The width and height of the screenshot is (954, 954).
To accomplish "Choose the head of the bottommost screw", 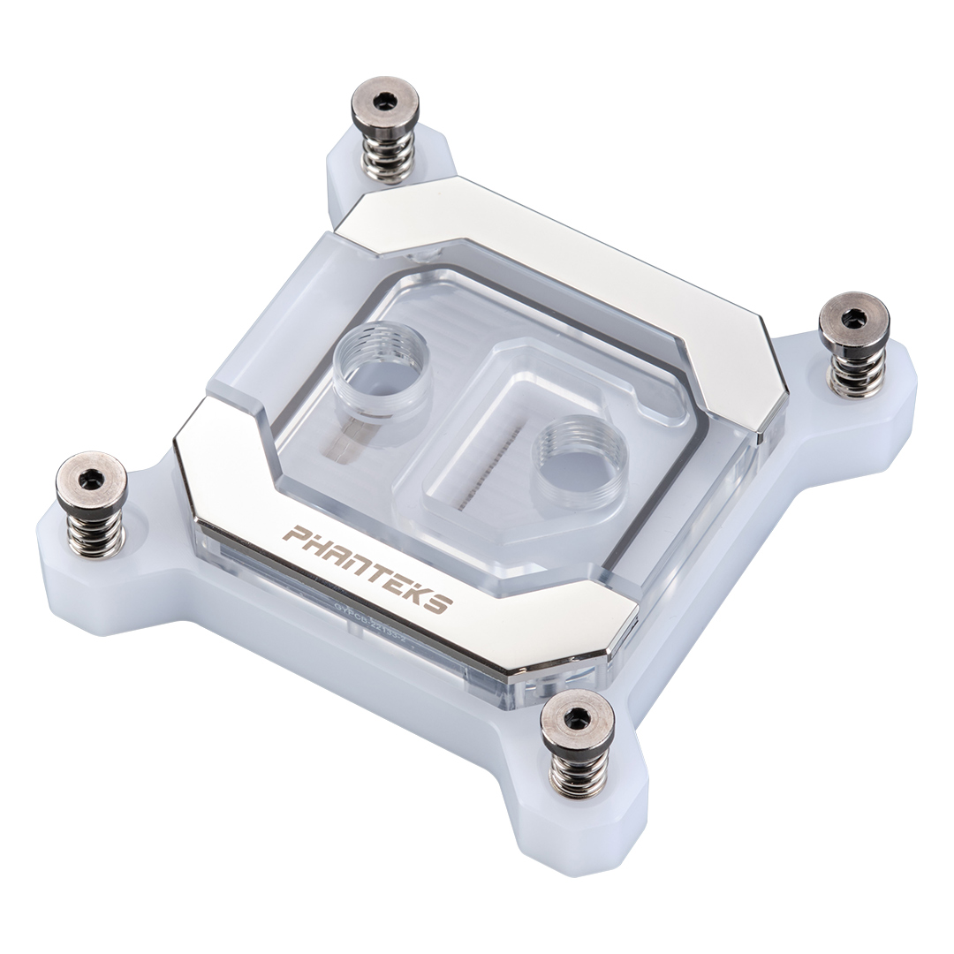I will [x=578, y=719].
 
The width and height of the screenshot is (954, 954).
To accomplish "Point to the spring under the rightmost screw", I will [x=852, y=371].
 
